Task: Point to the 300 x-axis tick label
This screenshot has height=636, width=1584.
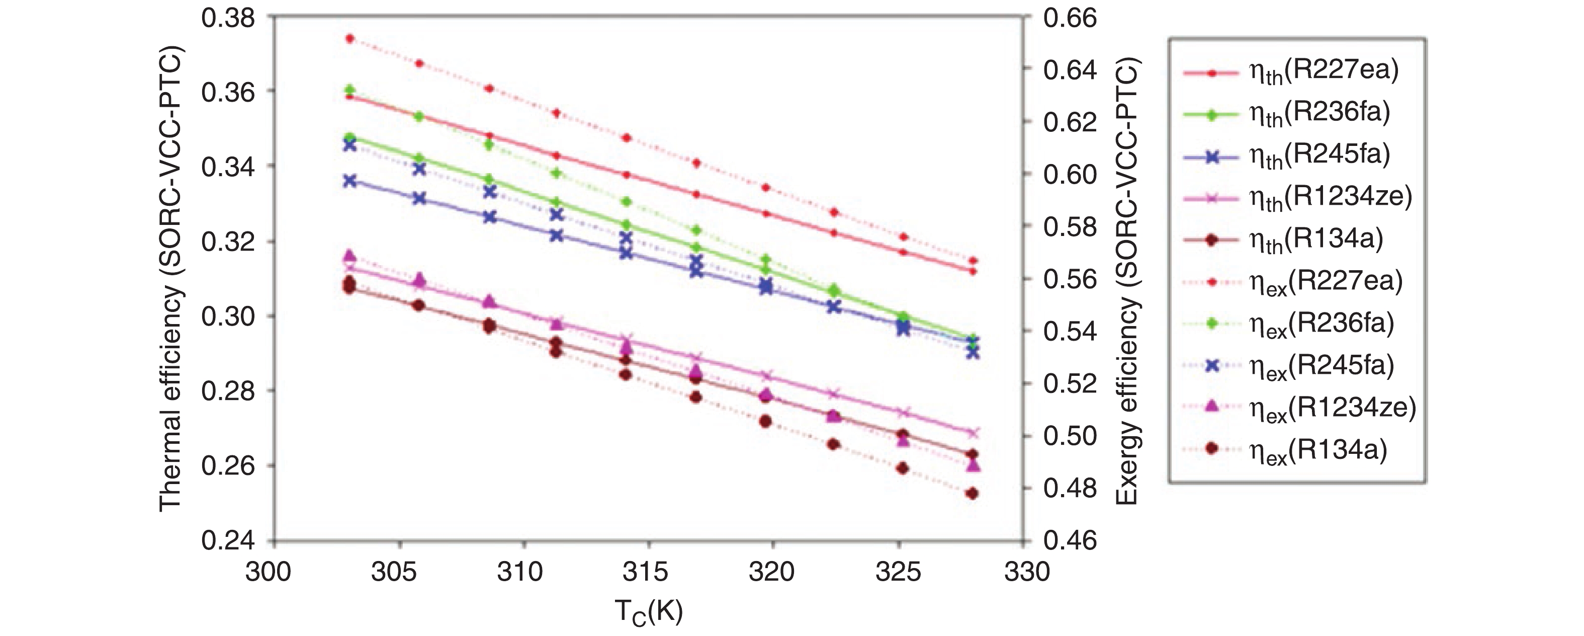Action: pyautogui.click(x=268, y=573)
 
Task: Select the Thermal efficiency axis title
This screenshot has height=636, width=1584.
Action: pyautogui.click(x=171, y=280)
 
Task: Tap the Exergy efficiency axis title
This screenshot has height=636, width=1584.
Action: pyautogui.click(x=1126, y=280)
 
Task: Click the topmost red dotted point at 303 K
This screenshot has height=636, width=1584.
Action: pyautogui.click(x=350, y=38)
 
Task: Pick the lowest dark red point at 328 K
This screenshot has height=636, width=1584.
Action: pyautogui.click(x=972, y=493)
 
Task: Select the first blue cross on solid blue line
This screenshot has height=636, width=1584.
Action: pyautogui.click(x=350, y=181)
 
